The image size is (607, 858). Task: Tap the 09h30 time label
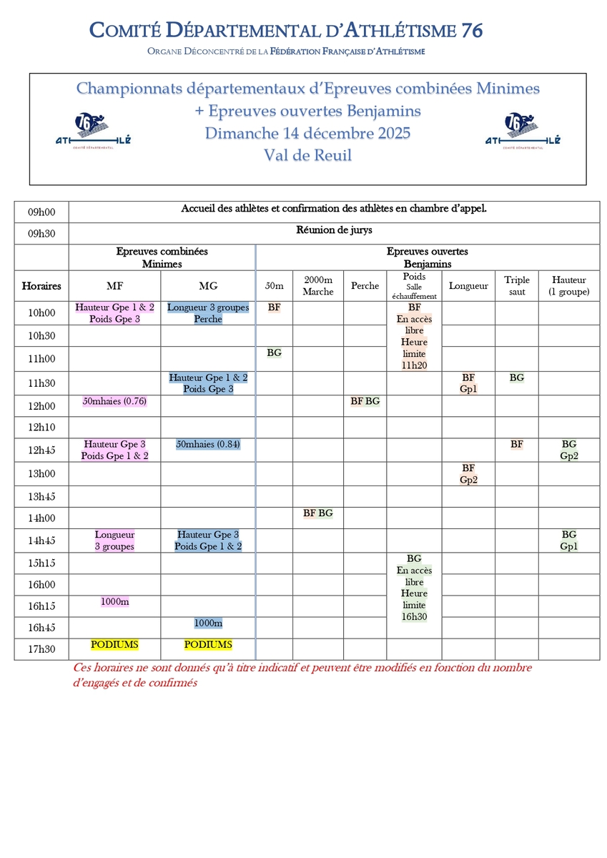(x=41, y=234)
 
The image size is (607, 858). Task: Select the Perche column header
(x=365, y=286)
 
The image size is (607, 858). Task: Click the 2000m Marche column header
(x=318, y=286)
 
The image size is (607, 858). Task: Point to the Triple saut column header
(x=516, y=286)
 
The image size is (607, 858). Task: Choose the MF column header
(x=114, y=286)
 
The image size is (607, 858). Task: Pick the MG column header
(x=208, y=286)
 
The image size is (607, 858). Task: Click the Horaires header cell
(x=41, y=286)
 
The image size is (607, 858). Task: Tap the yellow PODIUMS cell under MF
(x=114, y=645)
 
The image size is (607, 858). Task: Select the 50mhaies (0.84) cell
(x=208, y=444)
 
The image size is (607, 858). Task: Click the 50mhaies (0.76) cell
(x=114, y=401)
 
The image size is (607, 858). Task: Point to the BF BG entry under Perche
(x=365, y=401)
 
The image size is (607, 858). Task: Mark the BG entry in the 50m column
(x=274, y=352)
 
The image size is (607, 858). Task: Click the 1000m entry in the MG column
(x=208, y=623)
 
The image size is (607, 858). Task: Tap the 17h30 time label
(x=41, y=649)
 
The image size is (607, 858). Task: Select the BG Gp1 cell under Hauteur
(x=569, y=541)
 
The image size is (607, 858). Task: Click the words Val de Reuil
(x=307, y=155)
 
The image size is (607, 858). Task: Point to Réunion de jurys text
(x=334, y=230)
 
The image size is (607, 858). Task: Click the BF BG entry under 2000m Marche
(x=318, y=513)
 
